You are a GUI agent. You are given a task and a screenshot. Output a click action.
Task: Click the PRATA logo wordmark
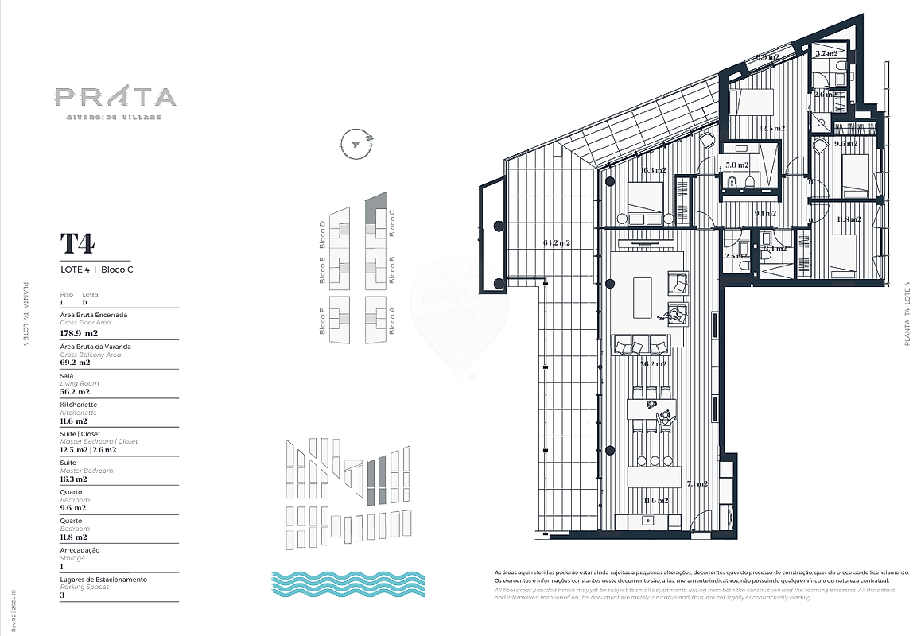115,97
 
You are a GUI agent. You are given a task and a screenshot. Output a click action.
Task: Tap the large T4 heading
77,242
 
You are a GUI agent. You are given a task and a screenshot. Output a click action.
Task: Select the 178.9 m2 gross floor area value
79,333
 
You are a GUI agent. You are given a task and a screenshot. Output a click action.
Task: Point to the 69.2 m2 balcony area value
76,363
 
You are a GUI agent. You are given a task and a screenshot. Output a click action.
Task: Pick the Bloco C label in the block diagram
392,223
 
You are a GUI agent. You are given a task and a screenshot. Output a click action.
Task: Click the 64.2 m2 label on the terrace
558,242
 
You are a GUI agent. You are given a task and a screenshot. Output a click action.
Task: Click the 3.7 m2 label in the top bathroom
827,53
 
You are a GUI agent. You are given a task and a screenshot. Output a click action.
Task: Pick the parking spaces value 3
62,595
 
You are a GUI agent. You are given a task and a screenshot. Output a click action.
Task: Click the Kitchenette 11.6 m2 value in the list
75,421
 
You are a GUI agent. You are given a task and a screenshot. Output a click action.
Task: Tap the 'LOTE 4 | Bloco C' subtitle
96,270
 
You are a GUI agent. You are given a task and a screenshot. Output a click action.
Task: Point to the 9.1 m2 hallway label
765,213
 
